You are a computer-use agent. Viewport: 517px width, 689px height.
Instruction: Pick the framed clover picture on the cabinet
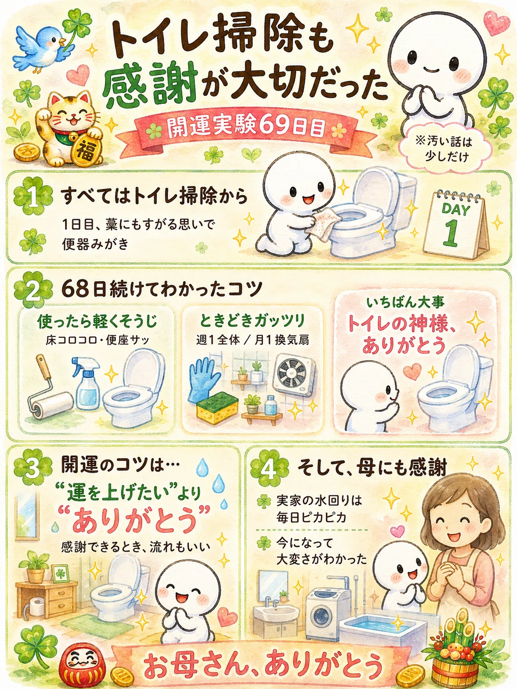(x=60, y=574)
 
